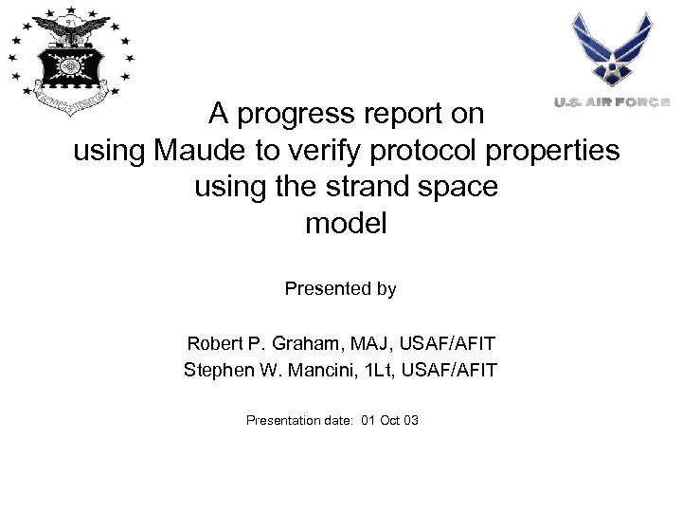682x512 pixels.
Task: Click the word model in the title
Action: click(x=346, y=224)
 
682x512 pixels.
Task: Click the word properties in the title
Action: click(x=559, y=151)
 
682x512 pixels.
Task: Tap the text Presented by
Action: click(x=340, y=289)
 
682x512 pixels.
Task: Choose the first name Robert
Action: click(x=213, y=342)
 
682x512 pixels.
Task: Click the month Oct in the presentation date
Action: click(x=389, y=419)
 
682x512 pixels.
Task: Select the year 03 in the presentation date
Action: click(x=411, y=419)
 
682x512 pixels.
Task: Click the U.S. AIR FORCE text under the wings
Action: click(x=611, y=101)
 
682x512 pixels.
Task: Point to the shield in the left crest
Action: click(x=69, y=66)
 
